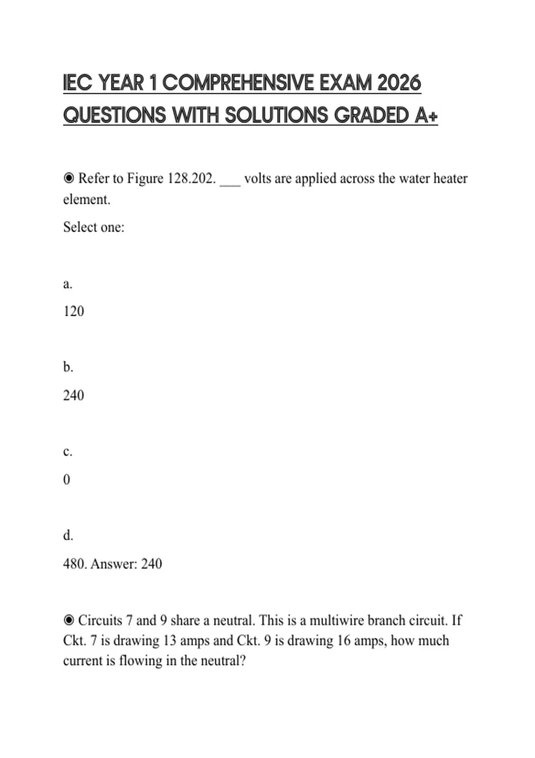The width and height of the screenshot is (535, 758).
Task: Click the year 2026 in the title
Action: point(399,83)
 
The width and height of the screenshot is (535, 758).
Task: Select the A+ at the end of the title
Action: point(426,115)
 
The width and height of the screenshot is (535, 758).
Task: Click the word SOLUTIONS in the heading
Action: point(276,115)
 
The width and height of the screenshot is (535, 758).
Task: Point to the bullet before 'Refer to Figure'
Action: point(69,178)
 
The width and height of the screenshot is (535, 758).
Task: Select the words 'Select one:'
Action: point(94,227)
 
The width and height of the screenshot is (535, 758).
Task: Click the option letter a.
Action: point(68,284)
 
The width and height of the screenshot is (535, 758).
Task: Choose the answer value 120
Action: point(74,311)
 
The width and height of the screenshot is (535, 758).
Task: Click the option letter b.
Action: point(68,367)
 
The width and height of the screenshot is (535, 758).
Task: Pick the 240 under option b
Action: point(74,395)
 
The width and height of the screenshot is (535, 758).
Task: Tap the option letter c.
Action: point(68,452)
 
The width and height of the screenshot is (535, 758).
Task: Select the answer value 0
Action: point(67,480)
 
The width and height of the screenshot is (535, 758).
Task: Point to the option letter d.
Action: point(68,535)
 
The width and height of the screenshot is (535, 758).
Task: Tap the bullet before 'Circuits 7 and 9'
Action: point(69,620)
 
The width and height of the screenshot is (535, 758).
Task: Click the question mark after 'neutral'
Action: point(243,660)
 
